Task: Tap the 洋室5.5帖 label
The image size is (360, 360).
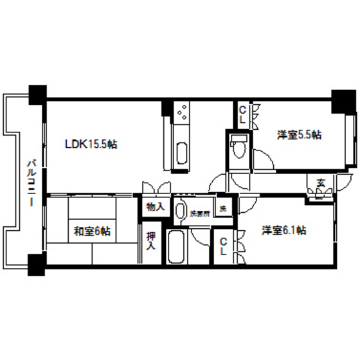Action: [299, 135]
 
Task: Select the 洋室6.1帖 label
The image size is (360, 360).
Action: [283, 230]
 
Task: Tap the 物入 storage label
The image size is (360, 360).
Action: [155, 208]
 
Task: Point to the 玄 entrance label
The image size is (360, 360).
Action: [319, 183]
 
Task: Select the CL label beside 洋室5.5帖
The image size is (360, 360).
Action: [242, 115]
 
